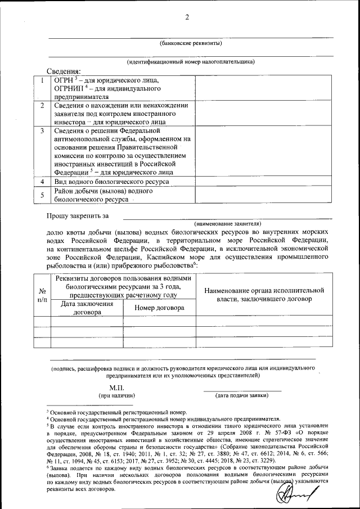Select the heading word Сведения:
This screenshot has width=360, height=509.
pyautogui.click(x=64, y=71)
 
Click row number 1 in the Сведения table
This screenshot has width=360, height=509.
pyautogui.click(x=43, y=80)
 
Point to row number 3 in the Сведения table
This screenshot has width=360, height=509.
pyautogui.click(x=43, y=130)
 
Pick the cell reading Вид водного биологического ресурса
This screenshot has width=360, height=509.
pyautogui.click(x=111, y=182)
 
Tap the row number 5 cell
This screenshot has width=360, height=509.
pyautogui.click(x=43, y=195)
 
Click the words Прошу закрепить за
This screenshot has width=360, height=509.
pyautogui.click(x=77, y=215)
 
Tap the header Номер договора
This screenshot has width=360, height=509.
pyautogui.click(x=160, y=308)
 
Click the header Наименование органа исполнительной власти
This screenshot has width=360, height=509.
pyautogui.click(x=264, y=295)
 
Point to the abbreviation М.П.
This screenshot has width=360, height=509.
pyautogui.click(x=116, y=388)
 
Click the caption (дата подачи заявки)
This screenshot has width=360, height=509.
pyautogui.click(x=241, y=395)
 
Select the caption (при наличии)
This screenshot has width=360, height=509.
pyautogui.click(x=116, y=395)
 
